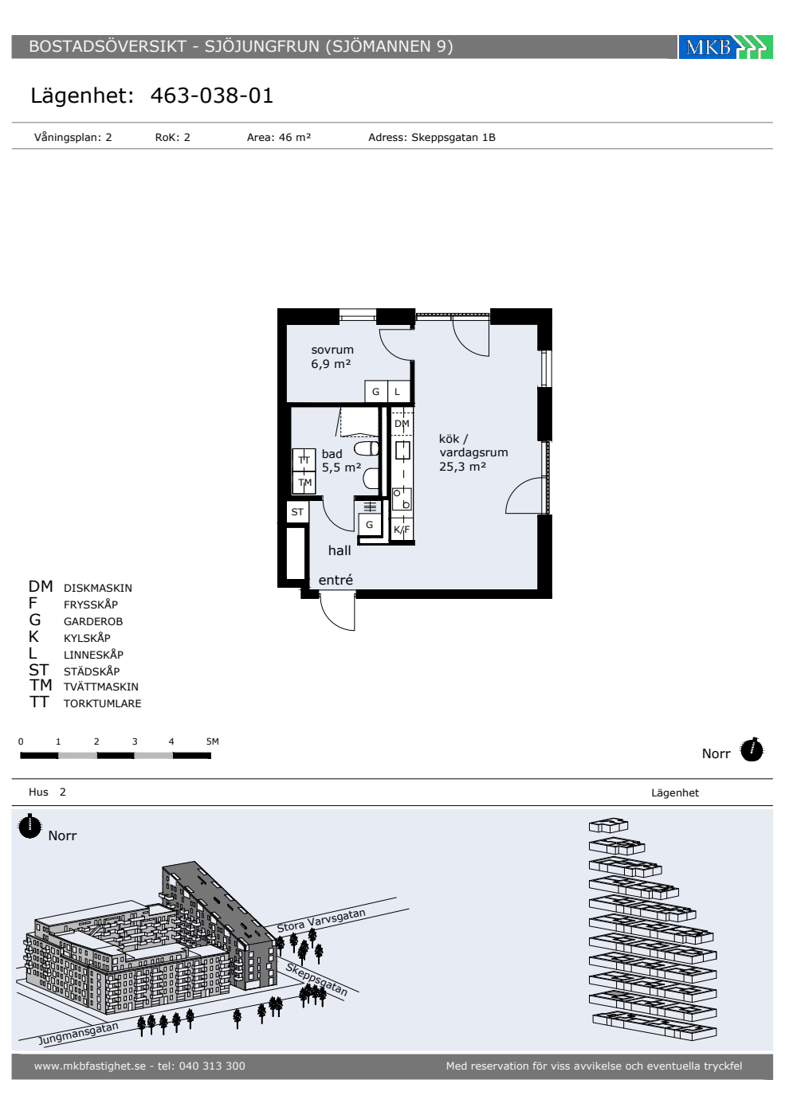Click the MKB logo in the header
coord(725,47)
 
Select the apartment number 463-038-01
coord(212,96)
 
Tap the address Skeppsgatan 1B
coord(453,137)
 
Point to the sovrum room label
coord(332,350)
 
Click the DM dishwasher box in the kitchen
coord(402,423)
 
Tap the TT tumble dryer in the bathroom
coord(304,460)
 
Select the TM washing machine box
coord(304,483)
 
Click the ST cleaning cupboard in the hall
coord(297,511)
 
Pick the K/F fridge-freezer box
coord(402,529)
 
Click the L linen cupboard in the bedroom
coord(398,392)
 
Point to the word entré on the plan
coord(336,580)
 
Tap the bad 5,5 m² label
coord(341,460)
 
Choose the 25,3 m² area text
coord(462,467)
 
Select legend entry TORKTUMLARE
coord(102,703)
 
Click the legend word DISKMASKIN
coord(97,588)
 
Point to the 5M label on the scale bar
coord(212,741)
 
